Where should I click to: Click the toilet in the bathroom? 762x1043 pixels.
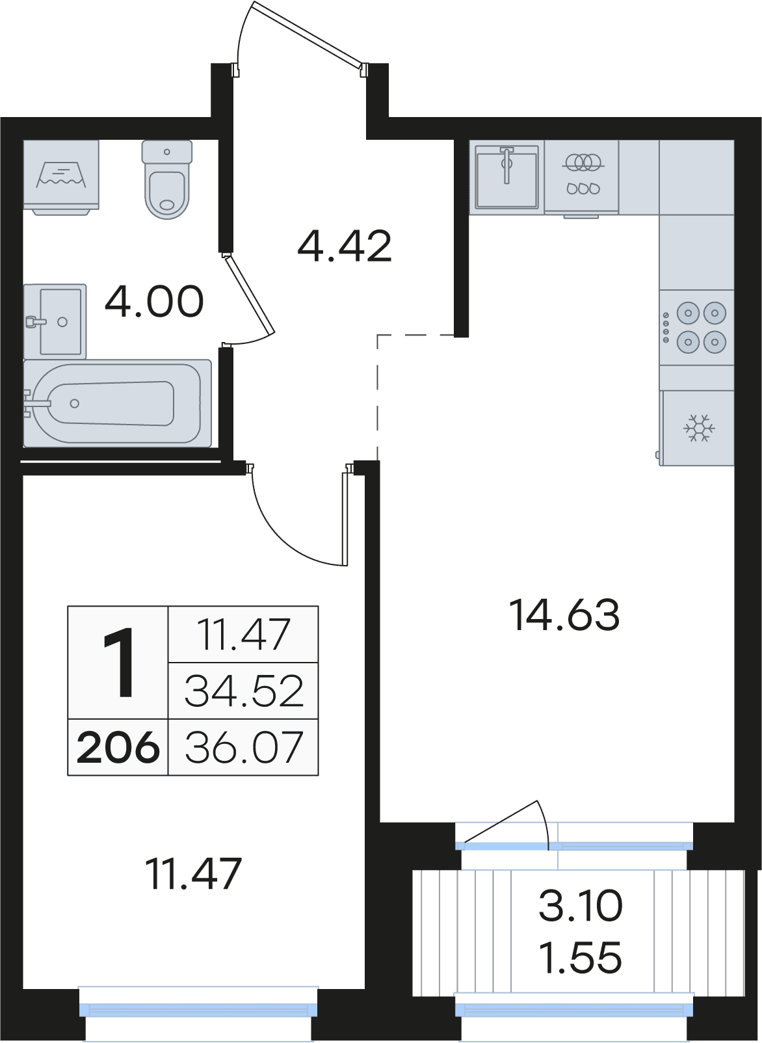(166, 179)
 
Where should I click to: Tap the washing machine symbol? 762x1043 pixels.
(62, 178)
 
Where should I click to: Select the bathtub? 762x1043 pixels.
(117, 403)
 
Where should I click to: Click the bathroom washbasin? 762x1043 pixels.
(55, 321)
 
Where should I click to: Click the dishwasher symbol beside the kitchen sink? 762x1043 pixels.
(582, 178)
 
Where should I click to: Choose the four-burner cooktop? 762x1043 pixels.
(697, 327)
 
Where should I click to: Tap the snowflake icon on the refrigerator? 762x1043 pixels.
(699, 428)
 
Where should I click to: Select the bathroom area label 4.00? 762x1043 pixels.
(154, 302)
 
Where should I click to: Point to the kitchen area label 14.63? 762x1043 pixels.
(564, 616)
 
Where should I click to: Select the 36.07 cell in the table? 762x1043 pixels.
(243, 747)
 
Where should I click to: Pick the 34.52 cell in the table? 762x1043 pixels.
(243, 691)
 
